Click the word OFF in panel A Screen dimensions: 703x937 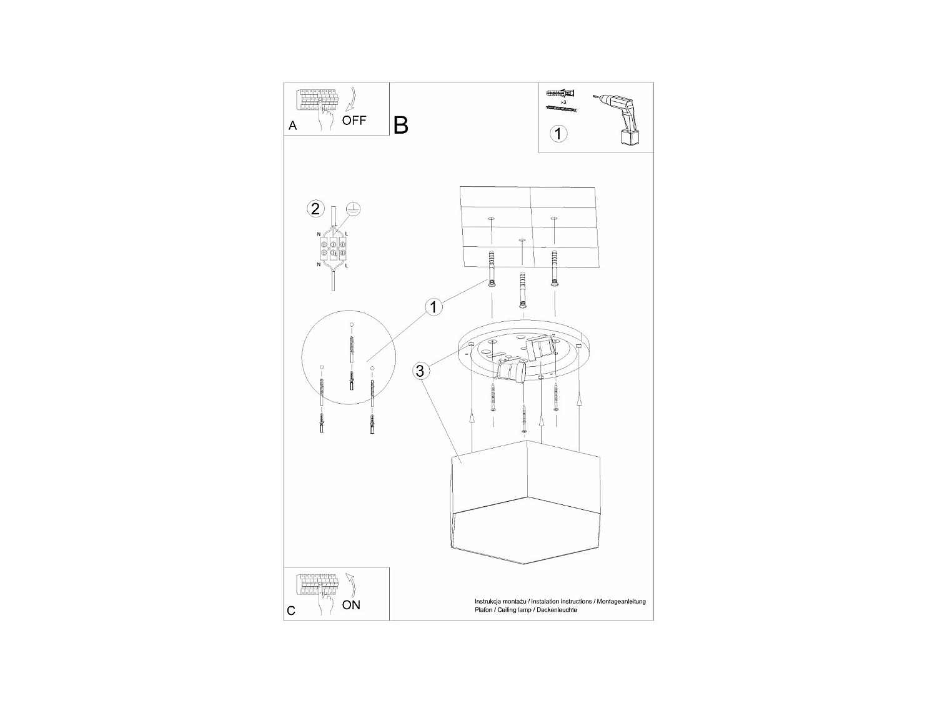pos(354,120)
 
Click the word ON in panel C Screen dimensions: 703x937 pos(351,605)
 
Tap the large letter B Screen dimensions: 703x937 pos(401,125)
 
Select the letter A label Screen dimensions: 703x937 pos(292,126)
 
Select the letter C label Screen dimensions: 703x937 pos(291,611)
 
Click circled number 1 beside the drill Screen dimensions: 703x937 pos(558,133)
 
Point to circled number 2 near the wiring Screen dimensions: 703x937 pos(315,208)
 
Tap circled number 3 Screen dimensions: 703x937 pos(420,371)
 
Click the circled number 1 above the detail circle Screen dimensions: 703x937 pos(434,307)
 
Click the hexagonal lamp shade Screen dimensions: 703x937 pos(525,502)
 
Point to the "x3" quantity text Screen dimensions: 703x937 pos(563,101)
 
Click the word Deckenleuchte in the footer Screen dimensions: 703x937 pos(557,610)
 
